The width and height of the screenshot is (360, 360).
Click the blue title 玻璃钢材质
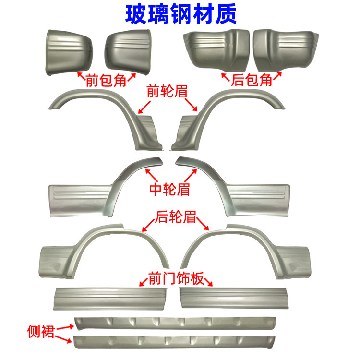180,14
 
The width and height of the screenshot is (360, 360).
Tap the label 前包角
106,80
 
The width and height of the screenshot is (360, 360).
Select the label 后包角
252,80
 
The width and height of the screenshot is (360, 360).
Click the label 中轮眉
170,189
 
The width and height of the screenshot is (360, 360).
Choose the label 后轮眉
176,218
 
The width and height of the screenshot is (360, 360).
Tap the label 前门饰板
177,278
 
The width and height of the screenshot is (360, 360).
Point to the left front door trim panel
113,297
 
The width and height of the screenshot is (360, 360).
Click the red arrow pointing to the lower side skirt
65,339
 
